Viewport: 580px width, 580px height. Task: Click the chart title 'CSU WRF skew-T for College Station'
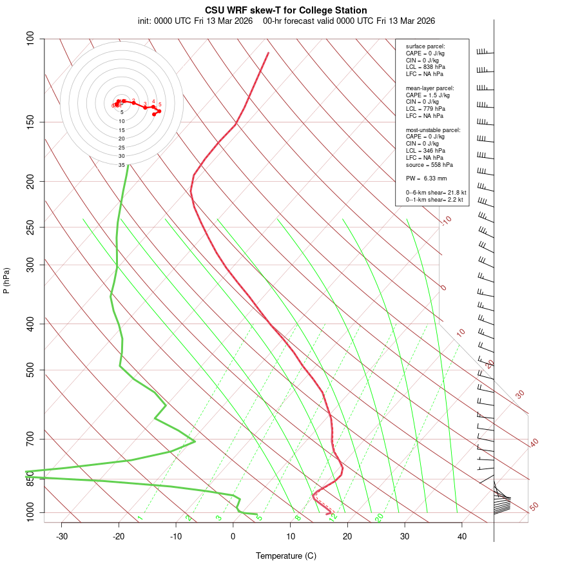pyautogui.click(x=286, y=10)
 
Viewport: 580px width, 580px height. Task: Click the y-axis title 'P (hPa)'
pyautogui.click(x=6, y=280)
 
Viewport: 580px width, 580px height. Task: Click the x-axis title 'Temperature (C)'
pyautogui.click(x=286, y=556)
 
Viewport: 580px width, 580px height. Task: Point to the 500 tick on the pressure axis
pyautogui.click(x=30, y=370)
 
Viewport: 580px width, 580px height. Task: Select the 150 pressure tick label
pyautogui.click(x=30, y=122)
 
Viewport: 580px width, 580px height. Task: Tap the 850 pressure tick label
pyautogui.click(x=30, y=479)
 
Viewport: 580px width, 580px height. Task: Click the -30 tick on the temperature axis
pyautogui.click(x=62, y=536)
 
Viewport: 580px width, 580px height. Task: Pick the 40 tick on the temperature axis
pyautogui.click(x=462, y=536)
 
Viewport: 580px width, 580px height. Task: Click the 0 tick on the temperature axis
pyautogui.click(x=233, y=536)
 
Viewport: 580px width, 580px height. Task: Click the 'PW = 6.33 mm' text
pyautogui.click(x=426, y=178)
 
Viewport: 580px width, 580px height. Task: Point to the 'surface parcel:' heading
pyautogui.click(x=425, y=46)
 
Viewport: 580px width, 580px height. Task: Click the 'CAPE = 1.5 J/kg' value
pyautogui.click(x=428, y=95)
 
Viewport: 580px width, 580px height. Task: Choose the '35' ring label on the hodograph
pyautogui.click(x=121, y=165)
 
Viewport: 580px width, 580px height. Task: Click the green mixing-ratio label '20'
pyautogui.click(x=379, y=517)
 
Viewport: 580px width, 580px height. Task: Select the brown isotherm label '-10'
pyautogui.click(x=446, y=220)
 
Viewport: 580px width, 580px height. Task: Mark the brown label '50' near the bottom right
pyautogui.click(x=534, y=507)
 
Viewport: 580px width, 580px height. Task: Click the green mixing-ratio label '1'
pyautogui.click(x=140, y=518)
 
